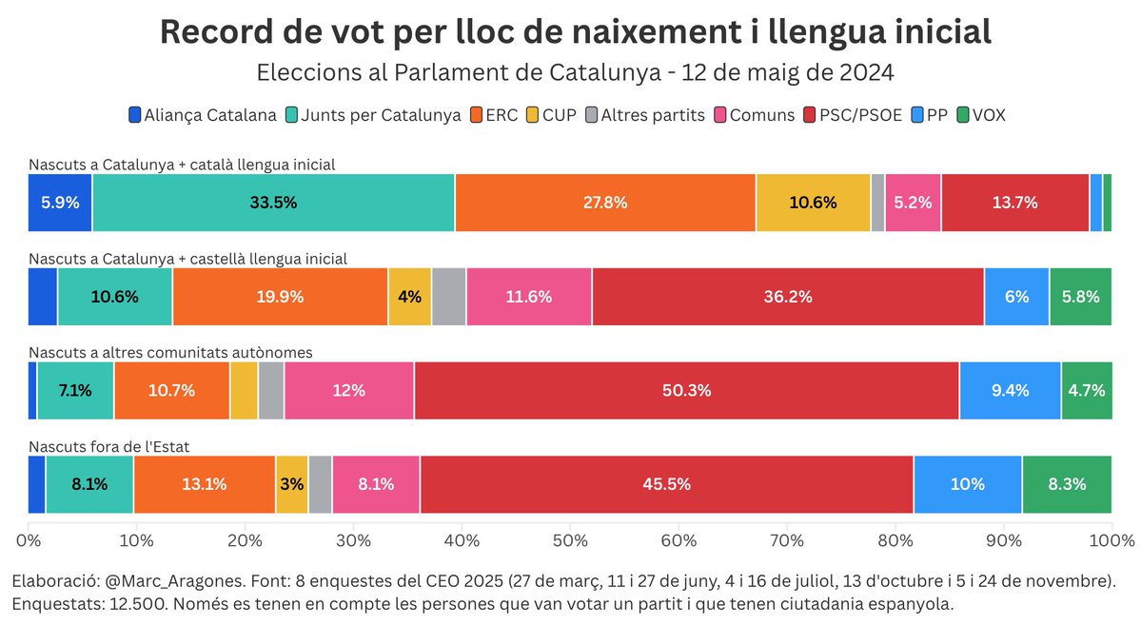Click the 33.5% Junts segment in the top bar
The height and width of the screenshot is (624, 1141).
tap(273, 203)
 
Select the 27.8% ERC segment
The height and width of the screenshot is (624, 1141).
tap(605, 203)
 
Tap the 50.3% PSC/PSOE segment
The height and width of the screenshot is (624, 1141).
tap(686, 391)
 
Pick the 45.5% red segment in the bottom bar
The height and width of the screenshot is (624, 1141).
tap(666, 484)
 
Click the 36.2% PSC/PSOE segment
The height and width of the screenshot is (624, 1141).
tap(787, 297)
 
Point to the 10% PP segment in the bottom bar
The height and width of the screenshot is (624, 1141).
tap(968, 484)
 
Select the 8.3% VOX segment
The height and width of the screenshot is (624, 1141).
tap(1067, 484)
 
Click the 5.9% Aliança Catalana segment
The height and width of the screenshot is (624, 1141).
tap(60, 203)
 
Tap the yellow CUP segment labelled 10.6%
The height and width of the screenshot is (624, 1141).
tap(813, 203)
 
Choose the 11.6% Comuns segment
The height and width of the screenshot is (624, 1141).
tap(529, 297)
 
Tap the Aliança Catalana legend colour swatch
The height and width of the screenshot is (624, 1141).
tap(135, 115)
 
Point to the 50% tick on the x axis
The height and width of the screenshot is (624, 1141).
tap(570, 540)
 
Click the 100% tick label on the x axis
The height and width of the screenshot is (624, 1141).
tap(1110, 540)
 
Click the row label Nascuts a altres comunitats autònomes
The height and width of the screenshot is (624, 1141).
tap(170, 352)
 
